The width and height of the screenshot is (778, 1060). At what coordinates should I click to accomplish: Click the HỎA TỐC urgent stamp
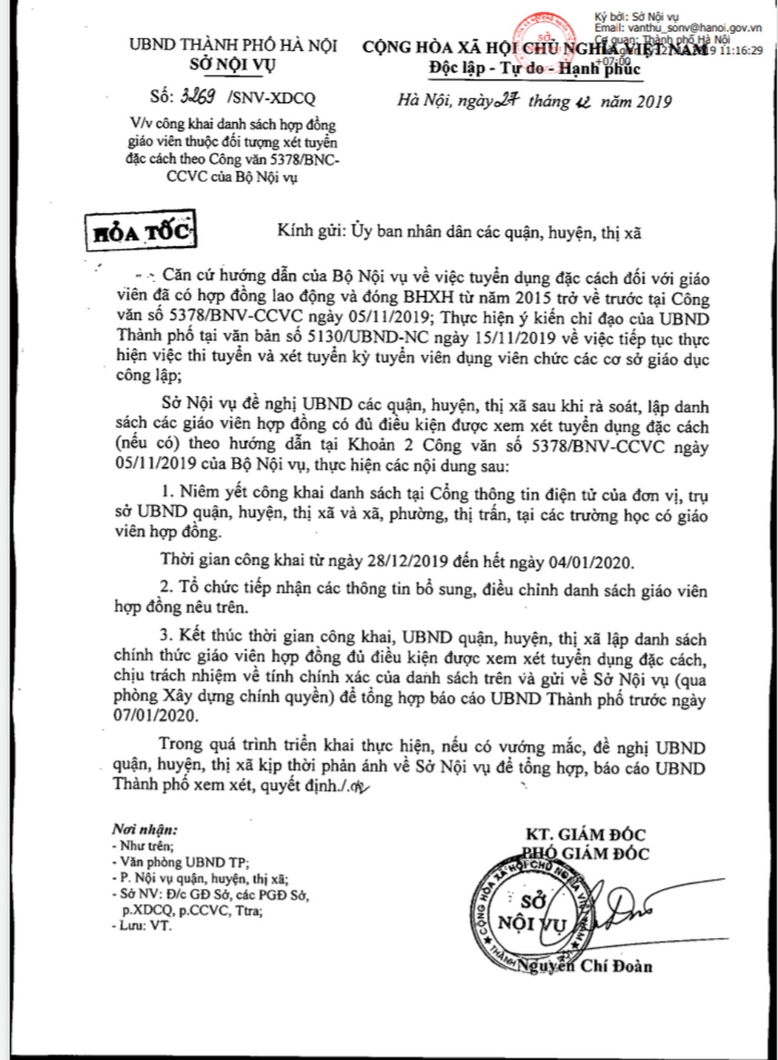point(141,232)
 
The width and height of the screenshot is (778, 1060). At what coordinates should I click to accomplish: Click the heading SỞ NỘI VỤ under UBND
point(232,64)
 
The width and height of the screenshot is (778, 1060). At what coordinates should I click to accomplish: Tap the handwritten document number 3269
point(193,97)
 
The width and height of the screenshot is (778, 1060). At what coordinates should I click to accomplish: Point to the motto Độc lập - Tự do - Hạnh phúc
point(534,68)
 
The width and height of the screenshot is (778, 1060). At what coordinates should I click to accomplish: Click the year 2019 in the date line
point(651,101)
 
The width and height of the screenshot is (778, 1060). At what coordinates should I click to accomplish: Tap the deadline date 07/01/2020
point(156,716)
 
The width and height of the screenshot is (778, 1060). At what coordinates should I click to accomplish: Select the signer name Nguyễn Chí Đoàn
point(585,965)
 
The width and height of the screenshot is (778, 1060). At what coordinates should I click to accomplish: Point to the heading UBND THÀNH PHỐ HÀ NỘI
point(233,44)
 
